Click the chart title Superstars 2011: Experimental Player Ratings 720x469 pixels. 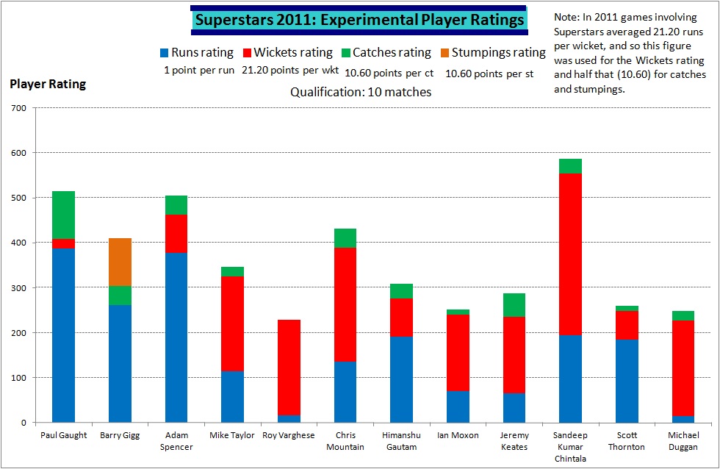[x=359, y=20]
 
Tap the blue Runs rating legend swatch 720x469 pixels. [x=164, y=53]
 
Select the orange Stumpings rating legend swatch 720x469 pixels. [x=444, y=53]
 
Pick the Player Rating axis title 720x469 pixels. [x=48, y=84]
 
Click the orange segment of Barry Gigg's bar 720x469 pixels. [x=120, y=262]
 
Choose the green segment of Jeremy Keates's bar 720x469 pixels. [x=514, y=305]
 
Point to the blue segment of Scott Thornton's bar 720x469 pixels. [x=627, y=381]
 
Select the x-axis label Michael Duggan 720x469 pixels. [x=683, y=441]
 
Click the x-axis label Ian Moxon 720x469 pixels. [x=457, y=435]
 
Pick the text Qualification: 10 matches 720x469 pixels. [x=361, y=92]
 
